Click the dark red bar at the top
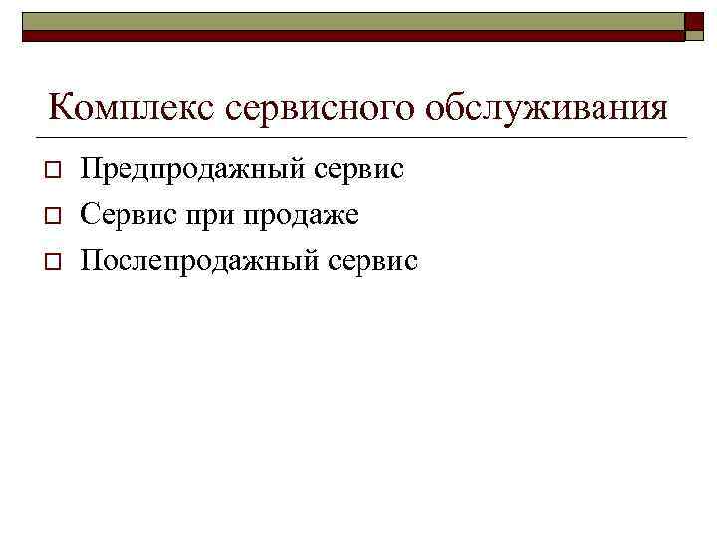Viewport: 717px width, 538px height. click(x=349, y=35)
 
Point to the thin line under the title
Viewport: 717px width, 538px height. click(x=358, y=137)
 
